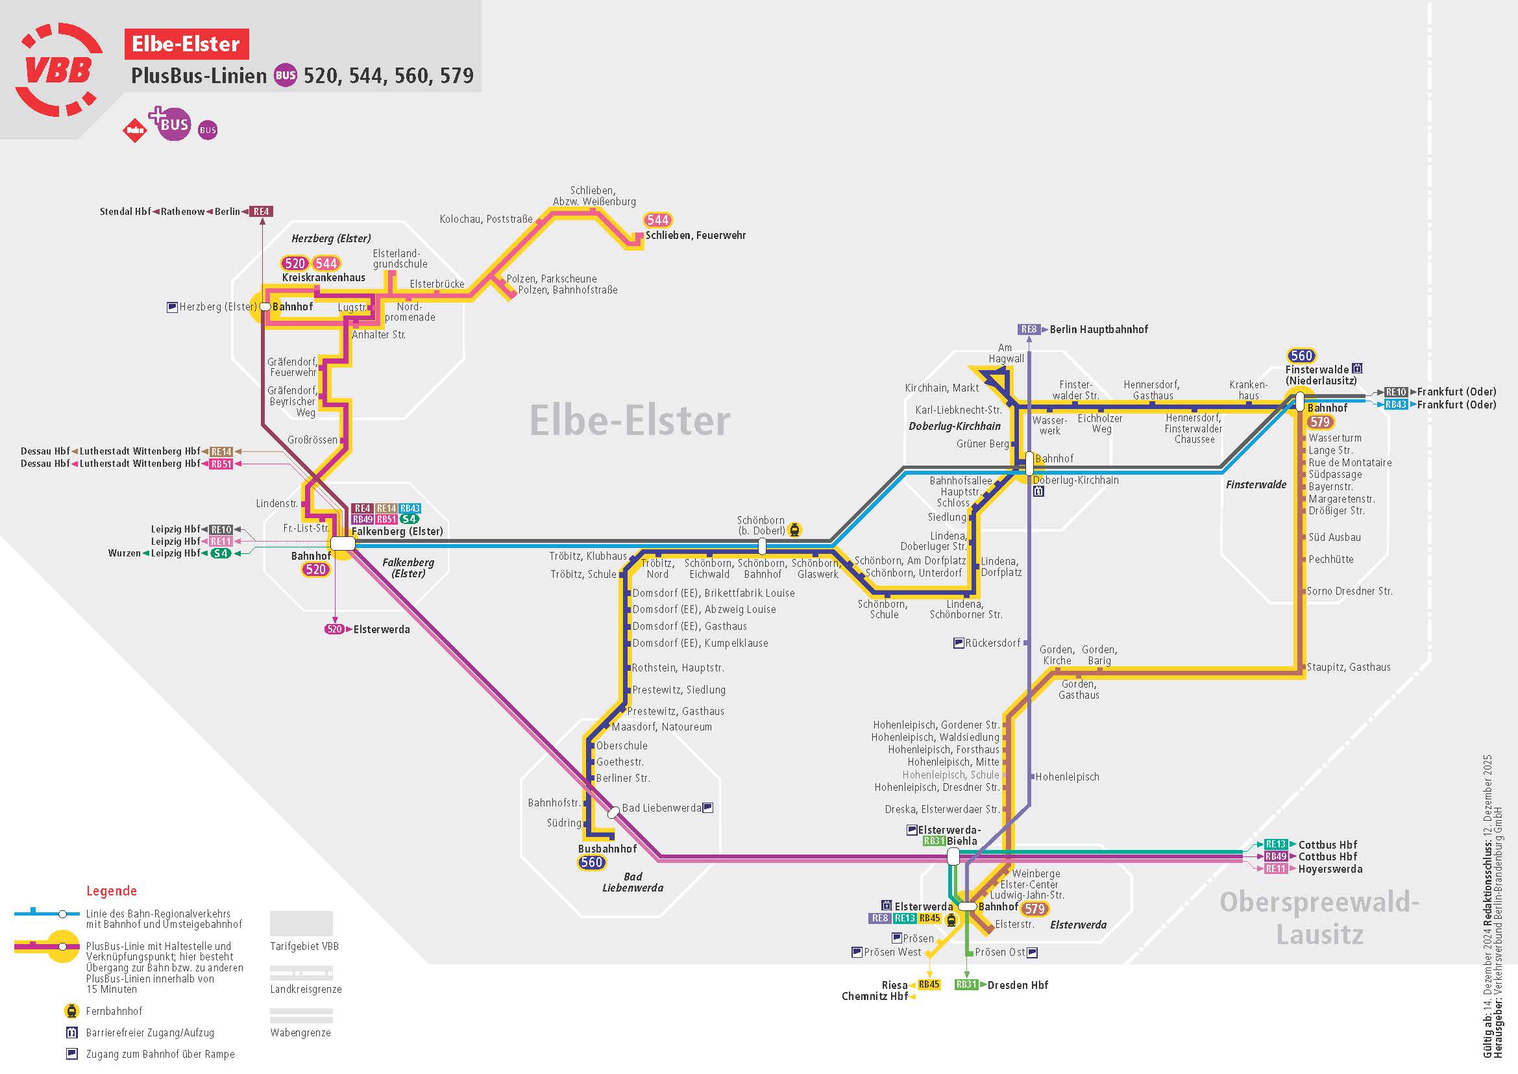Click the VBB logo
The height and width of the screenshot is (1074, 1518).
(58, 69)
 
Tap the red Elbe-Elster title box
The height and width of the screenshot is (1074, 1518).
(186, 44)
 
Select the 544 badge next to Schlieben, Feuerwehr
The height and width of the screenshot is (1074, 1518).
(657, 220)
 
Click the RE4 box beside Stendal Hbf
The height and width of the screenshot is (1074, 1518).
(261, 212)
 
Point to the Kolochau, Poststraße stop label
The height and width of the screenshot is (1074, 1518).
(486, 219)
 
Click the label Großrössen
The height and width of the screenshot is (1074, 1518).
(312, 440)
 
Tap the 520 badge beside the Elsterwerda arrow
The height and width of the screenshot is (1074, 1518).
(334, 629)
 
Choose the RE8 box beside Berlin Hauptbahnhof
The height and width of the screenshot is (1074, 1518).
(1029, 329)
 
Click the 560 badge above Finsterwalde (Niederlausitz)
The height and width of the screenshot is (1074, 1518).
(1301, 356)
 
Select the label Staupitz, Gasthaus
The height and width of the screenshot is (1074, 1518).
(1349, 668)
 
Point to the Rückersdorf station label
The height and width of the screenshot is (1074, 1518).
(992, 643)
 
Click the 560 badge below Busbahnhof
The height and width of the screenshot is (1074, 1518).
(591, 862)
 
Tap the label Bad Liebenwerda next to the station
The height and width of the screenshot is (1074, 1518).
(661, 808)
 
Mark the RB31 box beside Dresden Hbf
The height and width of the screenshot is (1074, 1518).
(966, 985)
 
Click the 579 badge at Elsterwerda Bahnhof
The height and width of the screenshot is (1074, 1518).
(1034, 908)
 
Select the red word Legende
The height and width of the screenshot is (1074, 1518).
(112, 891)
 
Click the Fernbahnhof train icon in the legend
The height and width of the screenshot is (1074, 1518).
(71, 1010)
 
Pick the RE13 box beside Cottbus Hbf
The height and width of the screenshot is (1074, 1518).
(1275, 845)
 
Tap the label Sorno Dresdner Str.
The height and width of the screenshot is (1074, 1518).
(1349, 592)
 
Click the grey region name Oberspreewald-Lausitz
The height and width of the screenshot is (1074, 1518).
(1319, 918)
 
